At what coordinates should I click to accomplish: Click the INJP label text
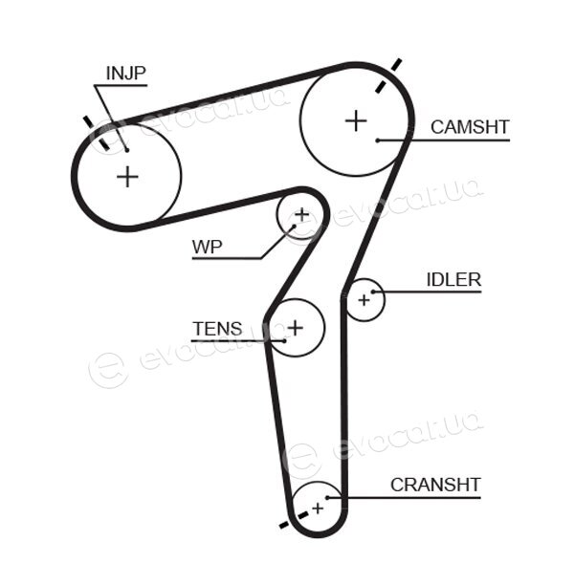(x=126, y=74)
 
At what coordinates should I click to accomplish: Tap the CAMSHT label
(x=470, y=127)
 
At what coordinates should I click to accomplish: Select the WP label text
(x=208, y=248)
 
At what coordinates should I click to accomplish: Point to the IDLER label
(x=453, y=280)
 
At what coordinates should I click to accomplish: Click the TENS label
(x=217, y=329)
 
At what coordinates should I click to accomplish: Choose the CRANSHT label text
(x=435, y=485)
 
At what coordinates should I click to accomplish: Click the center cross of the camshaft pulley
(x=356, y=120)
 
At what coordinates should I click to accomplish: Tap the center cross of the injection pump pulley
(x=127, y=177)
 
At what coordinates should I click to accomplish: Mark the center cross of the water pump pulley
(x=302, y=214)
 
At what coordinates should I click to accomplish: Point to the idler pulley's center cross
(x=364, y=300)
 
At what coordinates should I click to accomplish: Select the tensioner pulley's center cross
(x=296, y=328)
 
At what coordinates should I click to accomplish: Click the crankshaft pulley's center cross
(x=318, y=509)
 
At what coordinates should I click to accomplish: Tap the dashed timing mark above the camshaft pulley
(x=388, y=76)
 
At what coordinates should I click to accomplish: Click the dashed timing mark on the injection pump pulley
(x=97, y=133)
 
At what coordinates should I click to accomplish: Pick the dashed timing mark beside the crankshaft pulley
(x=294, y=520)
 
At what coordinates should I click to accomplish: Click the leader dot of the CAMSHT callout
(x=377, y=141)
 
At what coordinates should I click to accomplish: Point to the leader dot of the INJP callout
(x=127, y=150)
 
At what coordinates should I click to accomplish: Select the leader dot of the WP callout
(x=294, y=227)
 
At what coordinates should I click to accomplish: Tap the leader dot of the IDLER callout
(x=373, y=292)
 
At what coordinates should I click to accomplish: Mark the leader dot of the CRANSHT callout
(x=327, y=497)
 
